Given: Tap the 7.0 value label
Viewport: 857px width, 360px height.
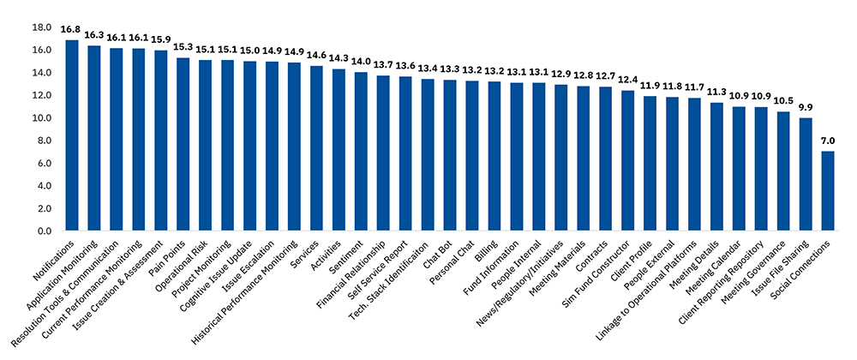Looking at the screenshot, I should tap(828, 141).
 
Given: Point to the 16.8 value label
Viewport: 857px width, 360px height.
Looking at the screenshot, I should tap(72, 30).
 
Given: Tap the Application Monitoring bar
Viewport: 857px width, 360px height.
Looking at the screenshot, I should tap(94, 138).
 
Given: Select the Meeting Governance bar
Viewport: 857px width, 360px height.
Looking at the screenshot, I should tap(783, 171).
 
